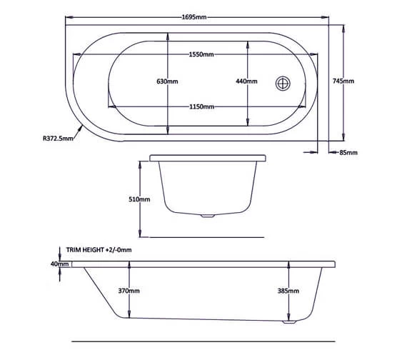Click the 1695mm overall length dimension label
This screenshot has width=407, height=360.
194,17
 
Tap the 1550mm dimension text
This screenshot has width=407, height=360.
201,54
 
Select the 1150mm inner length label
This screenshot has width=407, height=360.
201,106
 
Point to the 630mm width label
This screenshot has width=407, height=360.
167,81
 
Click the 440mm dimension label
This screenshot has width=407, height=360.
246,81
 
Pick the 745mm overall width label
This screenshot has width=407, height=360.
343,81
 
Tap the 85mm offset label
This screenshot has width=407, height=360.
348,153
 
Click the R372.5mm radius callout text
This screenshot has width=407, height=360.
58,139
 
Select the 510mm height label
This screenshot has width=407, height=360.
139,199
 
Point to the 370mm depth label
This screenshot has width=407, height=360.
129,291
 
